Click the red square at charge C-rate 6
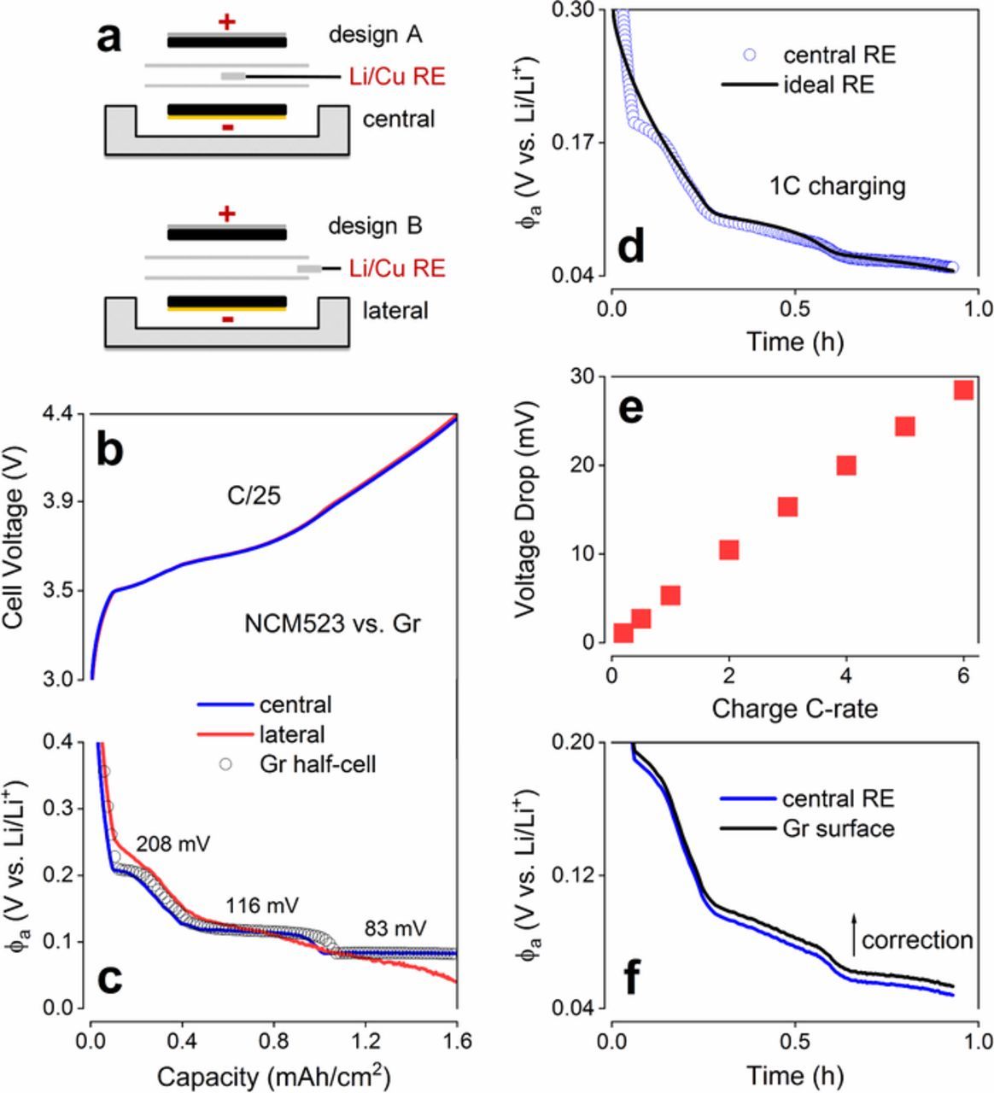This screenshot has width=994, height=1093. (963, 389)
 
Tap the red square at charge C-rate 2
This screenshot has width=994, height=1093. (728, 550)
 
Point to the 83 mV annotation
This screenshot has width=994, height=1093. (395, 927)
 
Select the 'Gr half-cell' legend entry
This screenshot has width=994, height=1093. (317, 763)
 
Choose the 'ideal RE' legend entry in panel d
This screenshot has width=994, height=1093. (828, 85)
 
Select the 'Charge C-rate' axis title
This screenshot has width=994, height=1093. (795, 708)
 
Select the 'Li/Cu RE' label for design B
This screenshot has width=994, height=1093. (397, 268)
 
